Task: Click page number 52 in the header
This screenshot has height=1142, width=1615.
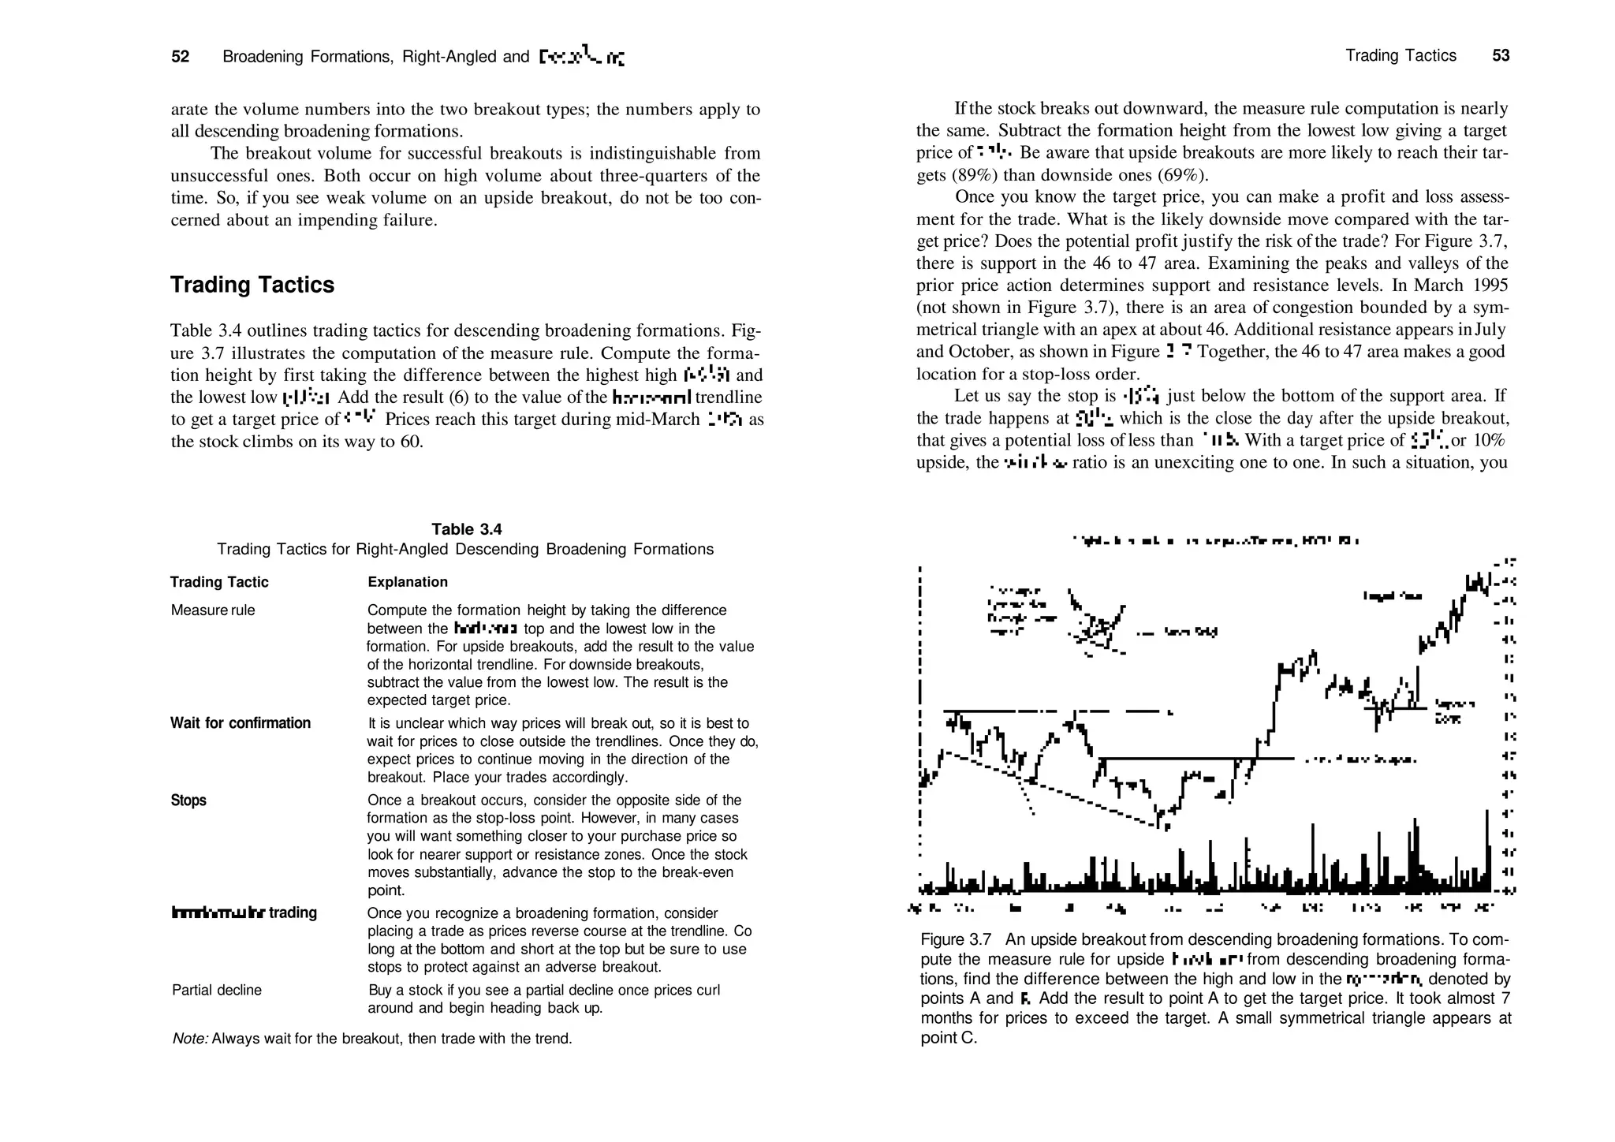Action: (181, 57)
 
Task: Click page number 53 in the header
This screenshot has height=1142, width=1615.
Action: (1501, 55)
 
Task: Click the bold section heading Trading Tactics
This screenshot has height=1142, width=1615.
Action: (252, 285)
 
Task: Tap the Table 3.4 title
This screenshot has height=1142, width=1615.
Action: (466, 529)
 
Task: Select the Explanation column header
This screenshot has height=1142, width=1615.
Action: (408, 582)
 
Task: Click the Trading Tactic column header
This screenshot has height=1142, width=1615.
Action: (219, 582)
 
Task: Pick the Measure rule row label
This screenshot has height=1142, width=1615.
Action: (213, 610)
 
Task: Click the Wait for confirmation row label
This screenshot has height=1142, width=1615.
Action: (241, 723)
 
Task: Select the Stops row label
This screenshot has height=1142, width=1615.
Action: (188, 801)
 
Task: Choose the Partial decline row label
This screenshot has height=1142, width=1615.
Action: (217, 990)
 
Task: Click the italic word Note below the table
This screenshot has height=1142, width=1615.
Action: (190, 1039)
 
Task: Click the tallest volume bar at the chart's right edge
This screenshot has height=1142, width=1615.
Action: (1486, 852)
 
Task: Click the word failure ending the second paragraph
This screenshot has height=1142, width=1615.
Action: (408, 220)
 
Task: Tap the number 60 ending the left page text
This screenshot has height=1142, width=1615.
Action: (410, 441)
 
